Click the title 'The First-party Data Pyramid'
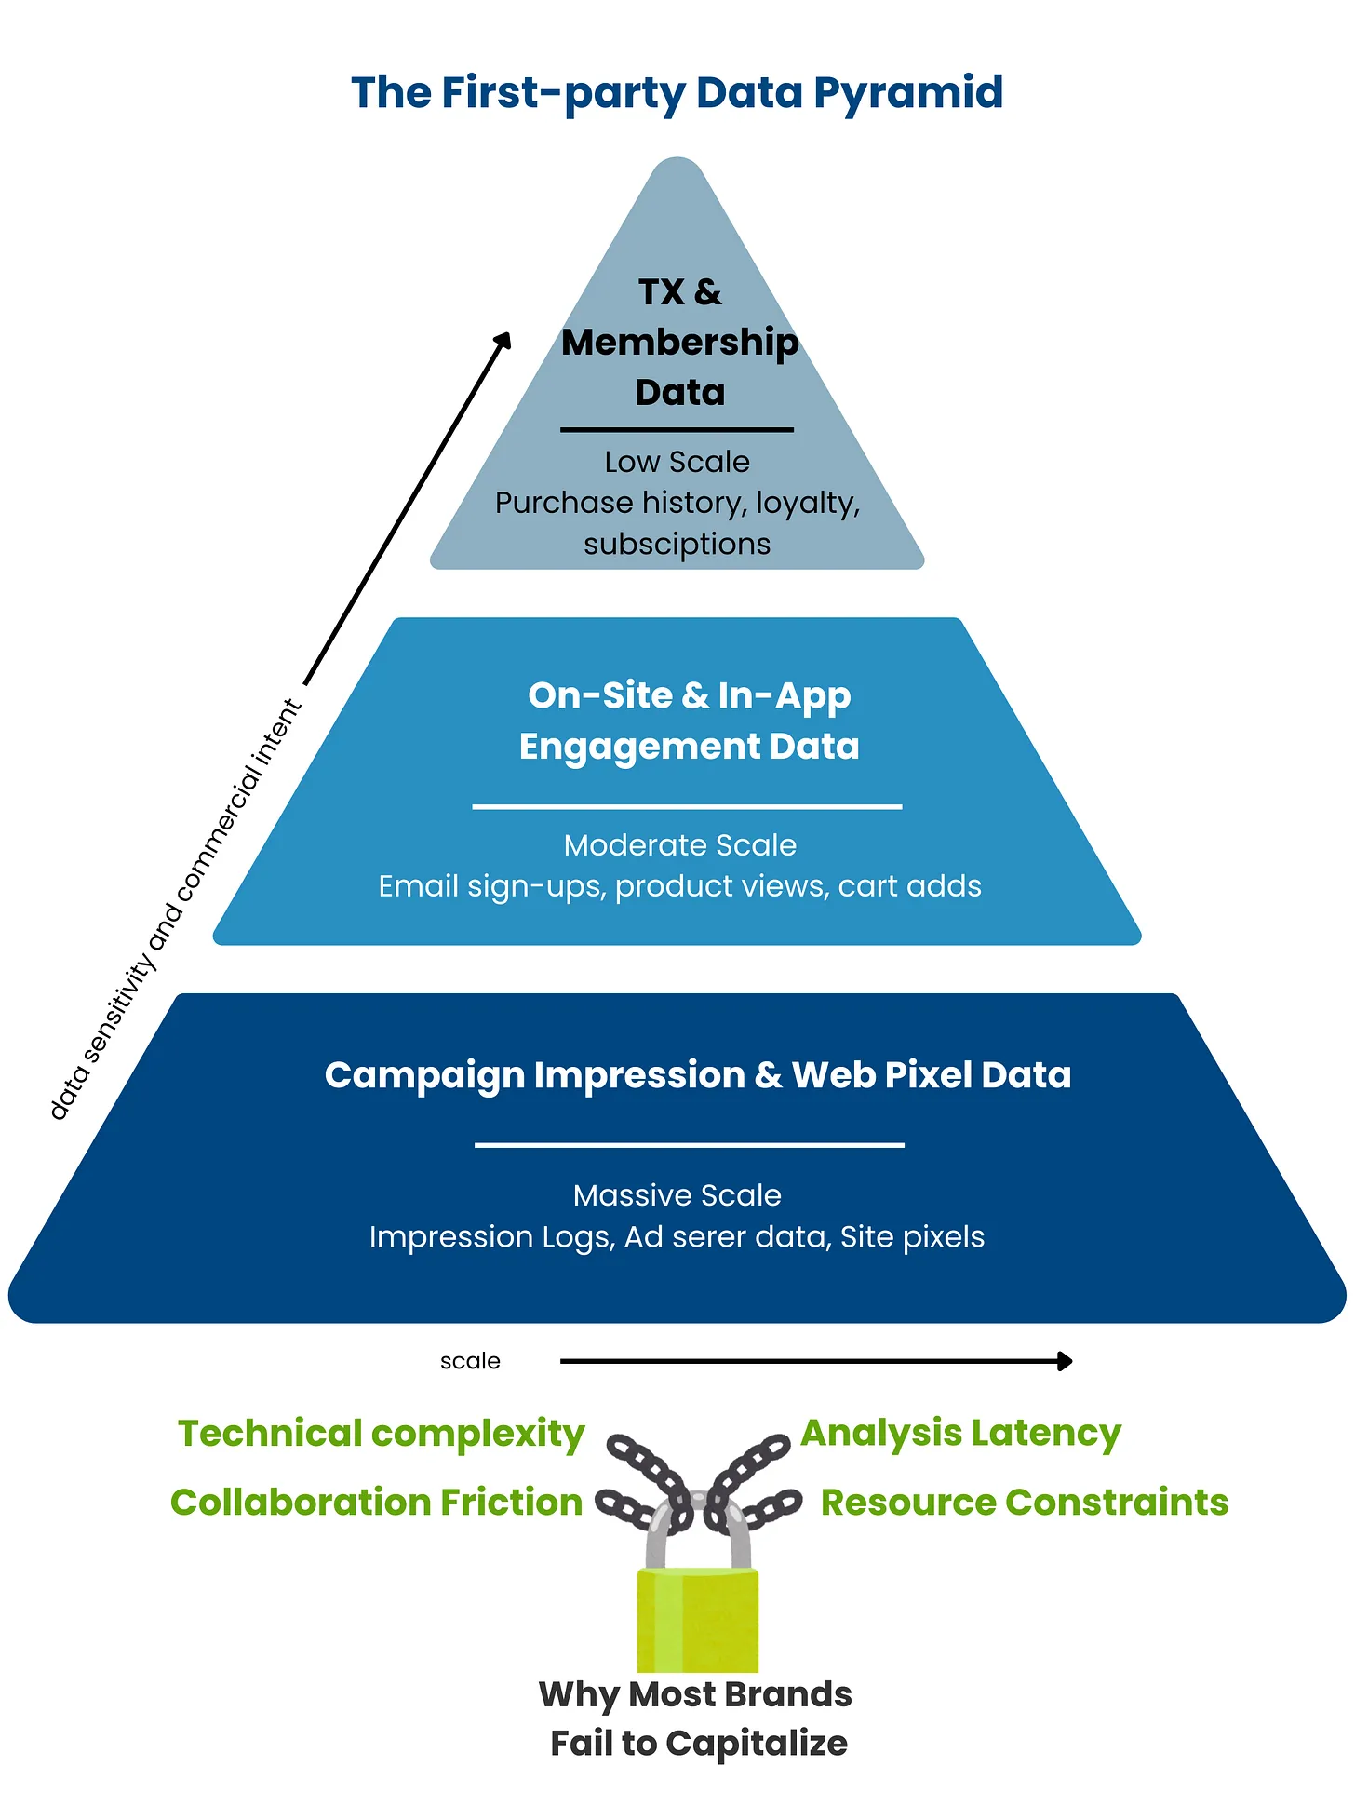pos(677,93)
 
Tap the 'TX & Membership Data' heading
pos(679,343)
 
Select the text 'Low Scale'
pos(677,462)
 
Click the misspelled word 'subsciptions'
pos(677,544)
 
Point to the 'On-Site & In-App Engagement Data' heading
pos(689,721)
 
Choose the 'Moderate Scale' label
pos(679,845)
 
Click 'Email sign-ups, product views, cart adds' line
pos(679,886)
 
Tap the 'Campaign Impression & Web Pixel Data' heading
pos(698,1075)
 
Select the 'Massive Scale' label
pos(677,1195)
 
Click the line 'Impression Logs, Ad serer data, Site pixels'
pos(677,1237)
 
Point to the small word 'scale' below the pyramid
pos(470,1361)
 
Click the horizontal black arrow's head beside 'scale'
pos(1066,1361)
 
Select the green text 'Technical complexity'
pos(381,1434)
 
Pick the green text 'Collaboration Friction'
pos(376,1503)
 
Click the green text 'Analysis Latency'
pos(960,1434)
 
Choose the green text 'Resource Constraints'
pos(1024,1503)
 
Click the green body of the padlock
pos(697,1620)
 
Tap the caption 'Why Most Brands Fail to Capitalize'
pos(697,1719)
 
